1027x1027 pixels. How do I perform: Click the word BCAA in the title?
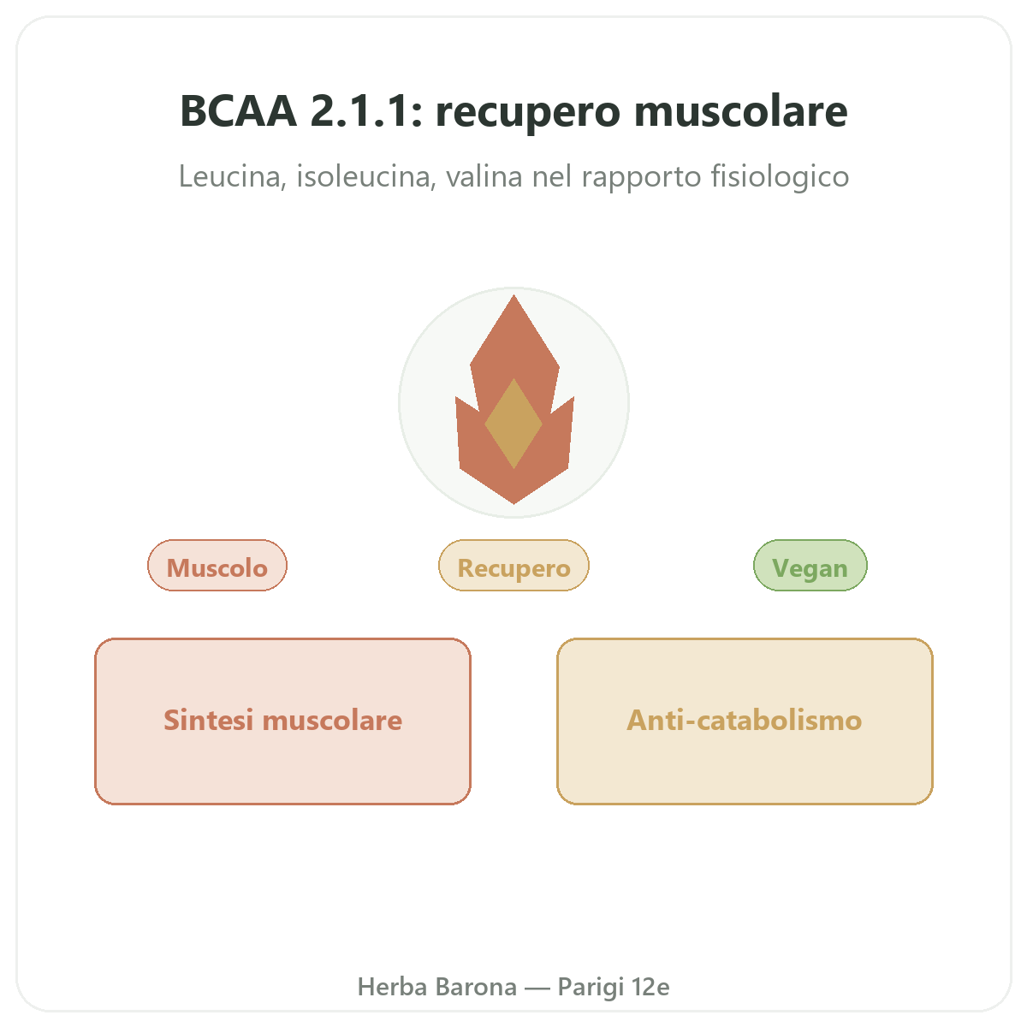click(238, 111)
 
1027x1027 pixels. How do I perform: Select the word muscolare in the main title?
click(741, 111)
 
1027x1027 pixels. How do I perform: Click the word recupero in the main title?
click(528, 114)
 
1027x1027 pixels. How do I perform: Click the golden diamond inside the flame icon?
click(513, 424)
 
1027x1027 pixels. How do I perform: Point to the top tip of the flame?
click(513, 295)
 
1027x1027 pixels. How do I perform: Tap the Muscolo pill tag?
click(217, 566)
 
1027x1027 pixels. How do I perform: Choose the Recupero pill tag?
click(513, 566)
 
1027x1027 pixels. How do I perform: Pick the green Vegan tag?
click(810, 566)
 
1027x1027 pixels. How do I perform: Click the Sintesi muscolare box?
click(283, 721)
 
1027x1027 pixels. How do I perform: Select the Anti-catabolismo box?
click(745, 721)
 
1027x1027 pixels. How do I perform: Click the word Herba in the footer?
click(392, 987)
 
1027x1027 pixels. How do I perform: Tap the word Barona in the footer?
click(476, 987)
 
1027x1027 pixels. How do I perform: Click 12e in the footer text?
click(650, 987)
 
